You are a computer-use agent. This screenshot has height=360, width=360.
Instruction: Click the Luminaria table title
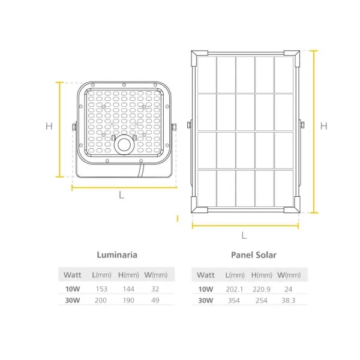(x=117, y=255)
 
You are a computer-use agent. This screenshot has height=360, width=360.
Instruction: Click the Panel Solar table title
(x=254, y=255)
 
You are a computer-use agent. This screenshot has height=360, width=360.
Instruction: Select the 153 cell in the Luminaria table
(x=101, y=289)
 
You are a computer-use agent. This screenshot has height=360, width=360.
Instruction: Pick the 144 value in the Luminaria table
(x=128, y=289)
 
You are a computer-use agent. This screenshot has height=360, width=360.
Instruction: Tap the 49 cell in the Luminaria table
(x=155, y=301)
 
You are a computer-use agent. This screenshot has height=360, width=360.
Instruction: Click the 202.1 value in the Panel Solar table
(x=234, y=289)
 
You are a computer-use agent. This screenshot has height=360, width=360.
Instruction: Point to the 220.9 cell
(x=262, y=289)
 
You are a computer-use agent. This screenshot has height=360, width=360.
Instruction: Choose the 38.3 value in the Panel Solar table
(x=289, y=301)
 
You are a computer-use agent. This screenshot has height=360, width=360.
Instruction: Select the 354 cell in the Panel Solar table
(x=234, y=301)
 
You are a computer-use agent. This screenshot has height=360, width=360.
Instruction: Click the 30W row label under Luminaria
(x=73, y=301)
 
